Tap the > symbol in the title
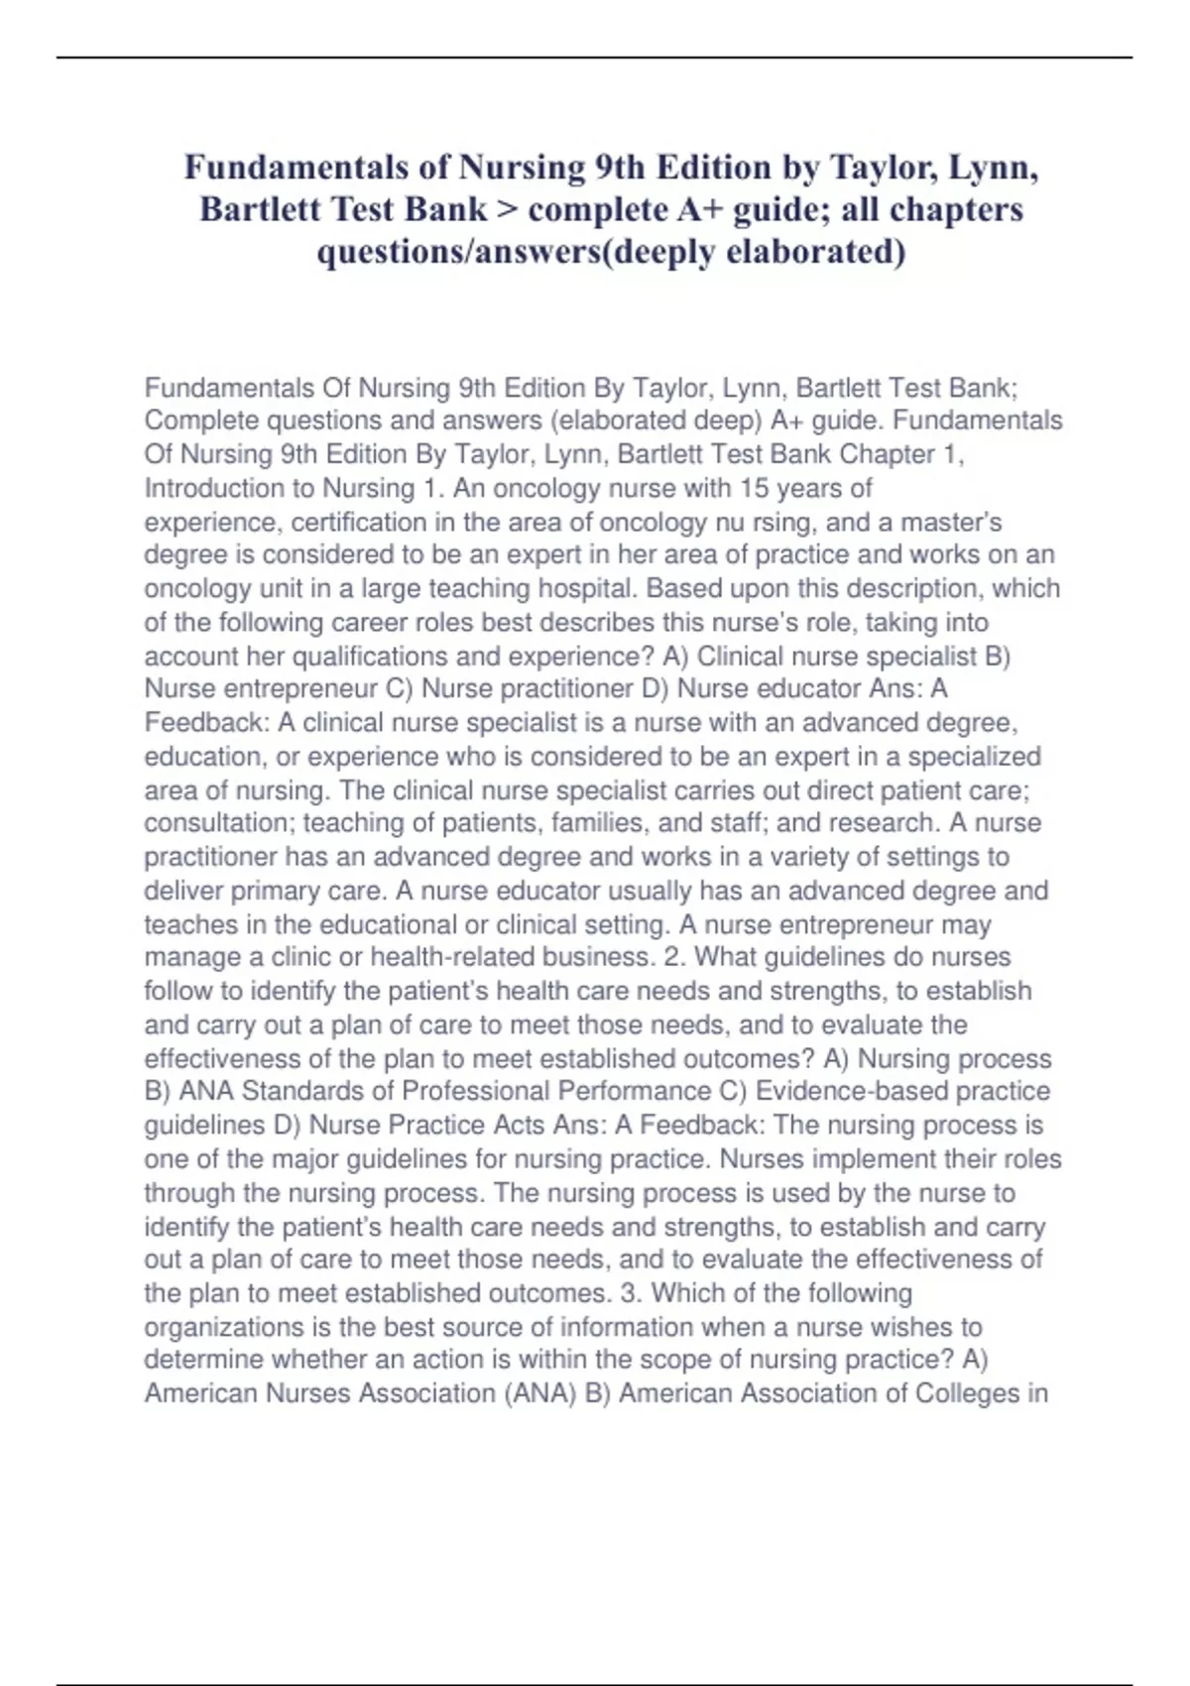(508, 209)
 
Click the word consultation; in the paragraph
(219, 822)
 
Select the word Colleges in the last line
(968, 1393)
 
